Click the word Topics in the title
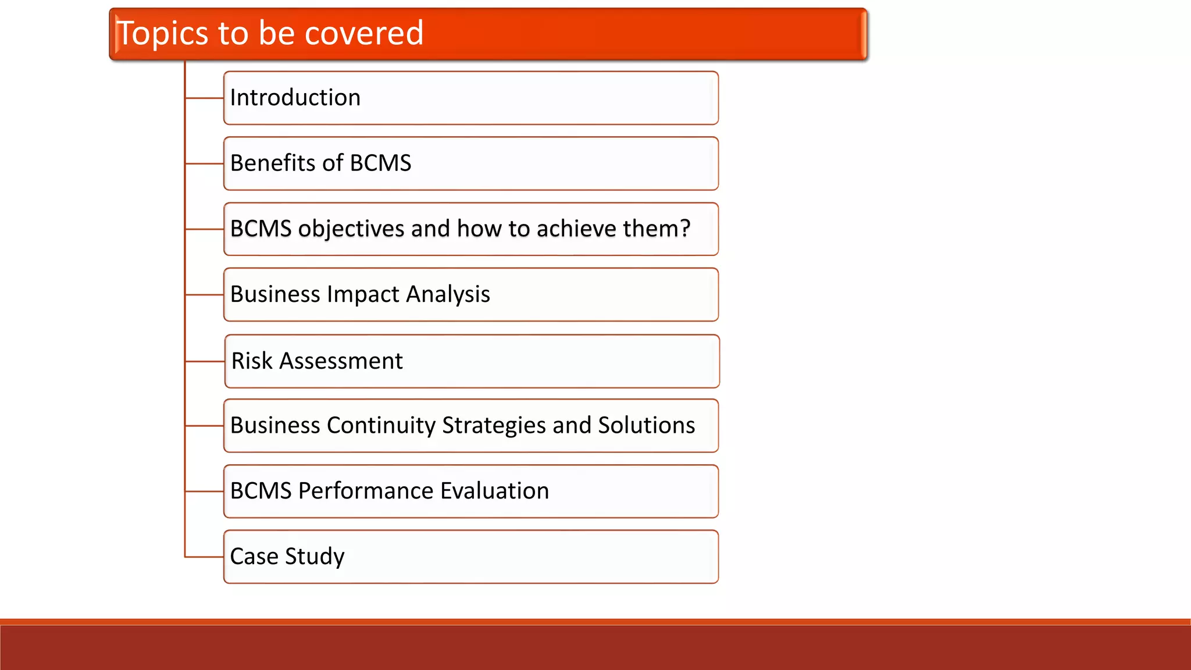click(163, 34)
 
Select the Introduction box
click(470, 98)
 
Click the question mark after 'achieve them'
click(684, 228)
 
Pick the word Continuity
click(381, 426)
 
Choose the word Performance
click(366, 491)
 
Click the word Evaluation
click(494, 491)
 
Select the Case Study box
click(470, 557)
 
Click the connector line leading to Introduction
click(204, 98)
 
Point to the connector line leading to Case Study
click(204, 557)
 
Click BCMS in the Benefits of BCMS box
click(380, 163)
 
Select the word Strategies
click(494, 426)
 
